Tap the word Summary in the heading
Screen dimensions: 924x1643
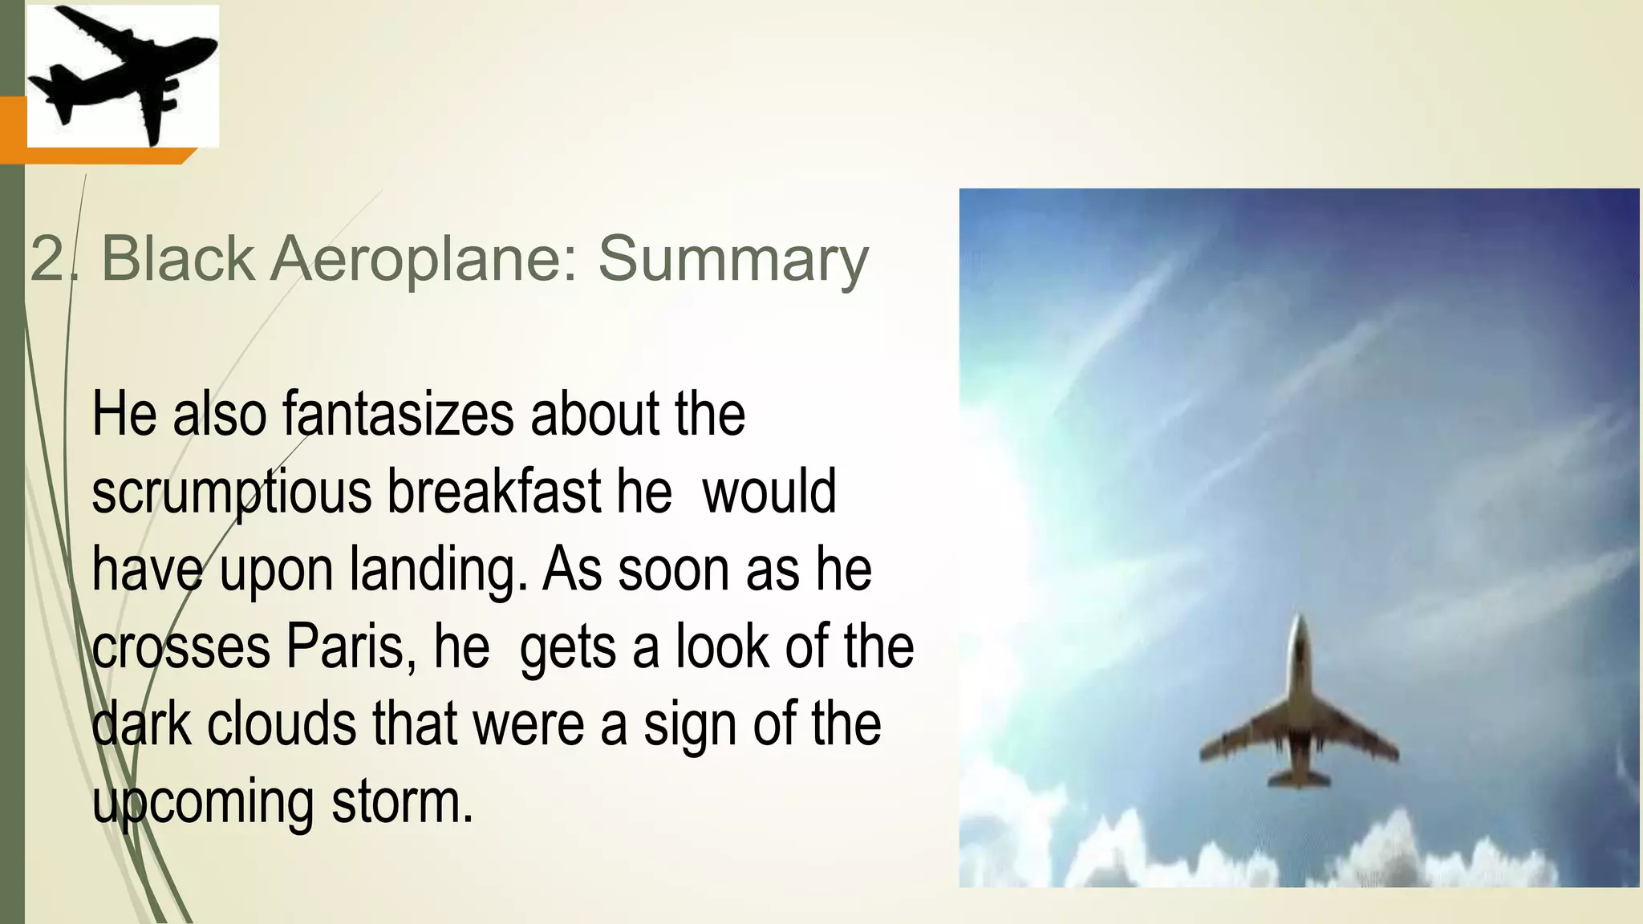[x=732, y=259]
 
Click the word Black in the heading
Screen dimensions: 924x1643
[x=177, y=259]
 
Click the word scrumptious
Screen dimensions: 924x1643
[x=231, y=492]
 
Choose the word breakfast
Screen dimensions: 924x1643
[x=494, y=491]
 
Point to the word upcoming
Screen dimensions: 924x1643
[x=202, y=802]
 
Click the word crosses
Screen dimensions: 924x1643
[x=181, y=647]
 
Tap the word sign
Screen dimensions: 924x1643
[x=690, y=725]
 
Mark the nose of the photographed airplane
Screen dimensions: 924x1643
[x=1300, y=622]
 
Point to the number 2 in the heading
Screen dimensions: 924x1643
[x=47, y=260]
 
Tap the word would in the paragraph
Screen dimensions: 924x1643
[x=769, y=492]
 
